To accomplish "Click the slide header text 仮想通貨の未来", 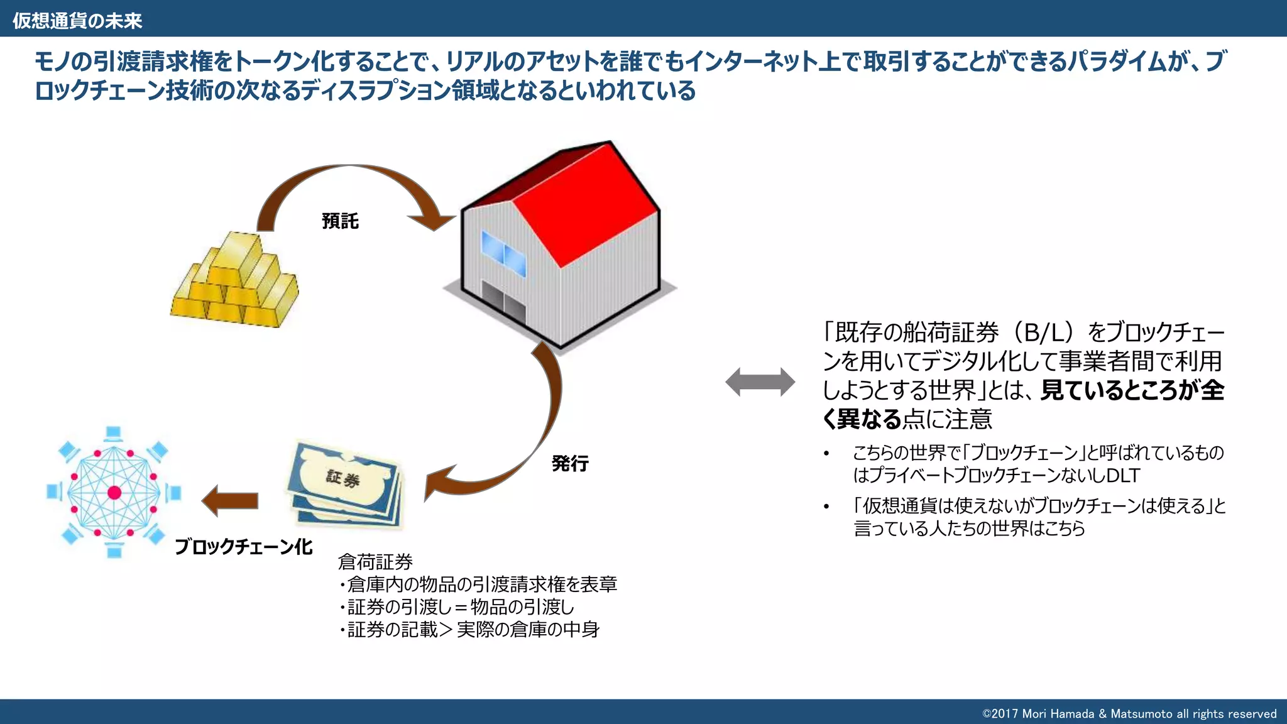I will pos(77,21).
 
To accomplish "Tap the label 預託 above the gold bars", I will pos(340,221).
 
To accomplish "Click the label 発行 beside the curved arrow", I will pos(570,464).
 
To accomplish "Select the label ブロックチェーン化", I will pos(243,547).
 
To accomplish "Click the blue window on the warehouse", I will pos(503,253).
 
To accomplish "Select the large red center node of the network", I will pos(114,492).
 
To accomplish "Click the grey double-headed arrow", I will pos(760,381).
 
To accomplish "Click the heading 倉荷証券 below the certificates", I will pos(375,561).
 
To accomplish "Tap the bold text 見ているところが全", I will pos(1132,390).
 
